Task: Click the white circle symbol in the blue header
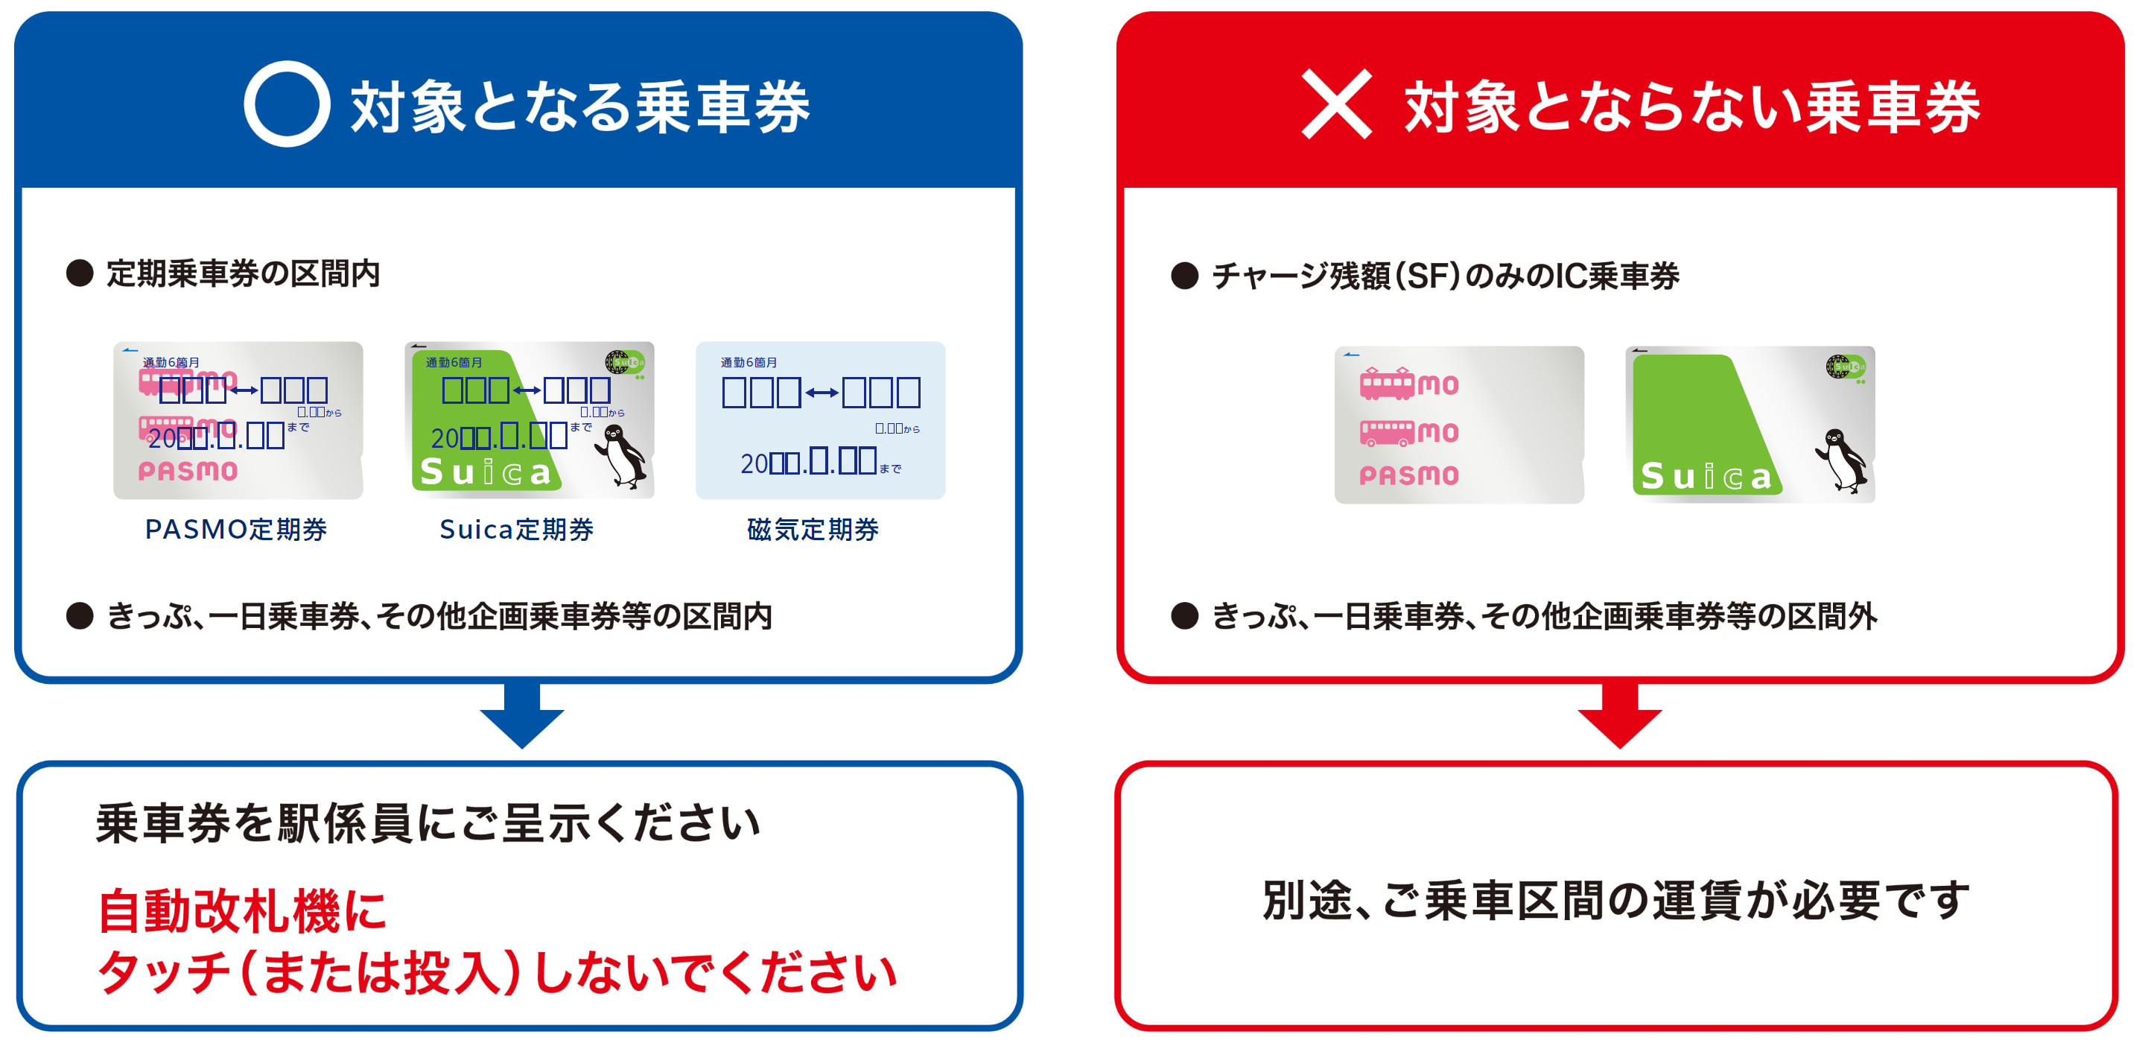286,104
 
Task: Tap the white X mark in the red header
1336,104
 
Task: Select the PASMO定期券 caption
236,530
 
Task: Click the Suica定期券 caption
516,530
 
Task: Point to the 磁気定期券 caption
813,530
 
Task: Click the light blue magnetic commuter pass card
820,419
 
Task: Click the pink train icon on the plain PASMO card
1387,384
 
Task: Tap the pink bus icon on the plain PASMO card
1387,432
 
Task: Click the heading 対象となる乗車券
579,107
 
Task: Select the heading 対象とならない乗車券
1692,107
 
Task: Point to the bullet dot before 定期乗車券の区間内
80,273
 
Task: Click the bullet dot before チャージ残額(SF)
1184,276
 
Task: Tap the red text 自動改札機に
242,910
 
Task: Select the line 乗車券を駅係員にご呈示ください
428,824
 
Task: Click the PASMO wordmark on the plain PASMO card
1408,476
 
